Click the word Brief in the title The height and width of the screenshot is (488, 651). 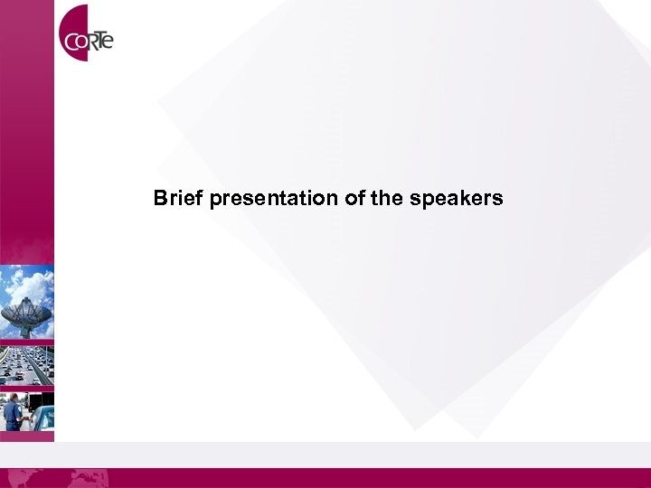(178, 198)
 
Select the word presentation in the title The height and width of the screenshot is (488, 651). (274, 199)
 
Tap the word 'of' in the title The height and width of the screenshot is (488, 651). (354, 198)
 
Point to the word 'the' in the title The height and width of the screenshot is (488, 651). (385, 198)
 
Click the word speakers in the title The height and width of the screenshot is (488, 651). (456, 199)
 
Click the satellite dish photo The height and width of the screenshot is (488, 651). (27, 302)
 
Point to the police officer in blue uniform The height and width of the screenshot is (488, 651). (12, 414)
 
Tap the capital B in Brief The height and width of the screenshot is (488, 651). (160, 198)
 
